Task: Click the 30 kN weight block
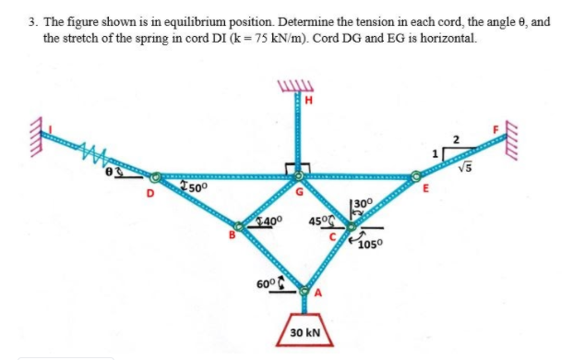coord(304,329)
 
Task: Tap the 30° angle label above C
coord(361,202)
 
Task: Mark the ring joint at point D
coord(157,175)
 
